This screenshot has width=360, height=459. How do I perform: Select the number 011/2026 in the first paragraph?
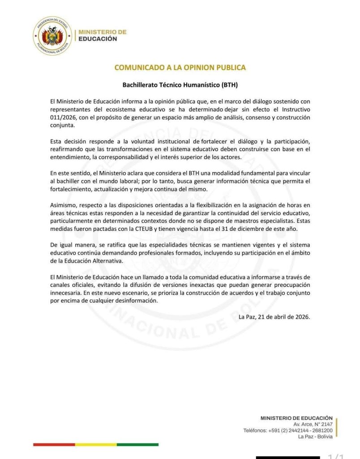click(x=63, y=117)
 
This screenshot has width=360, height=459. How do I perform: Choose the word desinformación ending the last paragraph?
click(x=136, y=301)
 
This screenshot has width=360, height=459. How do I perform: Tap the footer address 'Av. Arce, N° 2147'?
click(x=313, y=424)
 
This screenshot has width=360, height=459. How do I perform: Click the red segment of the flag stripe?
click(x=54, y=445)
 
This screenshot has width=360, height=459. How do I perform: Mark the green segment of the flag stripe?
click(x=137, y=445)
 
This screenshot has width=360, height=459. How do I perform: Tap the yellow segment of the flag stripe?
click(x=96, y=445)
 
